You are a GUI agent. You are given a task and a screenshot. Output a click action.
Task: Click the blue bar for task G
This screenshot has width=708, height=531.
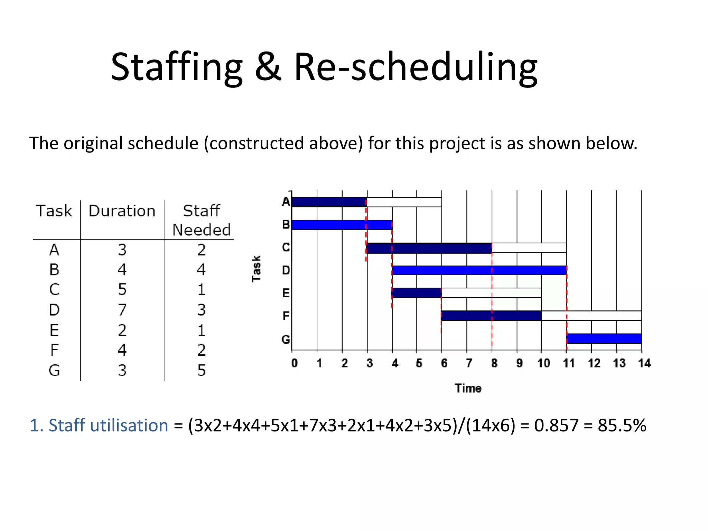(604, 338)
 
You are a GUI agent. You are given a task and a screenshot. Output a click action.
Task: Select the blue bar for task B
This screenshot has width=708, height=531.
(342, 225)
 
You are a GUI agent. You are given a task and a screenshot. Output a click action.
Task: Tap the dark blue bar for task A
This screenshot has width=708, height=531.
(329, 202)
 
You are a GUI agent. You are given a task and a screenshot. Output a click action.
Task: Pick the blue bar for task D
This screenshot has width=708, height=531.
(479, 270)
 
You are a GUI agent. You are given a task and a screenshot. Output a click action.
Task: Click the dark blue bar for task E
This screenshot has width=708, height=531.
(417, 293)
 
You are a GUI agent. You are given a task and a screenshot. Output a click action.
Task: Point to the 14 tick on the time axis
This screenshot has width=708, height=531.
(644, 363)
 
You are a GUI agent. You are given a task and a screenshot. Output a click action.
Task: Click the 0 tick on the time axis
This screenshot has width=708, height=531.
(294, 363)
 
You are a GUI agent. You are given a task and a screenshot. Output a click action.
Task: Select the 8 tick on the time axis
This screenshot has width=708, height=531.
(494, 363)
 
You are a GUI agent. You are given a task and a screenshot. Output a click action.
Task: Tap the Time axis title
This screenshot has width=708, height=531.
(468, 388)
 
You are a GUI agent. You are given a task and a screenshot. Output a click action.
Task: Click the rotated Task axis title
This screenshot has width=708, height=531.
(256, 269)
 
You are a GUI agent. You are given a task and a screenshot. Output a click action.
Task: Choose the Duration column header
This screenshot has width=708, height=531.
(122, 211)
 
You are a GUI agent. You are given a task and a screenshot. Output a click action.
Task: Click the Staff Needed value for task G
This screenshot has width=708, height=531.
(202, 370)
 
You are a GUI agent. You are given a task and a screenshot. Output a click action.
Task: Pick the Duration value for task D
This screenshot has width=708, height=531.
(122, 309)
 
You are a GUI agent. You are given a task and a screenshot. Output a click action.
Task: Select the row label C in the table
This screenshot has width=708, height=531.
(54, 289)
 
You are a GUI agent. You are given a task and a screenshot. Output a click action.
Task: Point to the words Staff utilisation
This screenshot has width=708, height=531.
(108, 425)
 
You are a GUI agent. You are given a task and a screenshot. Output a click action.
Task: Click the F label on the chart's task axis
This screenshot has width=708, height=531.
(286, 316)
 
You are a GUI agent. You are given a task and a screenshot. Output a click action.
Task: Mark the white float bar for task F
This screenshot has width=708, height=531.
(591, 316)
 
